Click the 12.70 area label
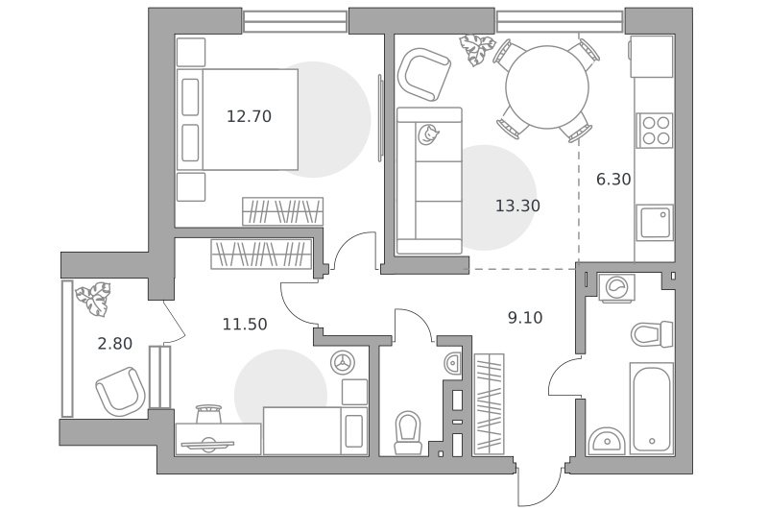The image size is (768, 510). coord(249,116)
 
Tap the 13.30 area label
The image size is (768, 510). coord(517,206)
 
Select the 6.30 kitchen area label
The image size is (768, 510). coord(613,180)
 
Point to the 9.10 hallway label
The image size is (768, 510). coord(525,318)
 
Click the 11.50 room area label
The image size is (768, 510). coord(245,325)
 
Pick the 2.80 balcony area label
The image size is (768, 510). coord(115,344)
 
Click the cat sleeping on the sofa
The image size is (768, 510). coord(428,134)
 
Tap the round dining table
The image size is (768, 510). coord(547,87)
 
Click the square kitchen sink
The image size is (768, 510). coord(655,223)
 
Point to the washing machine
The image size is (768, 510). coord(616,287)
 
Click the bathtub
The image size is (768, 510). coord(652,407)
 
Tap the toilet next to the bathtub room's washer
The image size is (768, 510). coord(652,334)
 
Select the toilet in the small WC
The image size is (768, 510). coord(408,432)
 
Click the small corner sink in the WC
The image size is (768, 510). coord(453,363)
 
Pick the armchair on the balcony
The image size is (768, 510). coord(120,392)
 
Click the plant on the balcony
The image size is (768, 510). coord(93,299)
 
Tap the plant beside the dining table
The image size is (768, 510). coord(476,50)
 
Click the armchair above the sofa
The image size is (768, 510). coord(424,74)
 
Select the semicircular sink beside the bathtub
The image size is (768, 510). coord(607,441)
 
